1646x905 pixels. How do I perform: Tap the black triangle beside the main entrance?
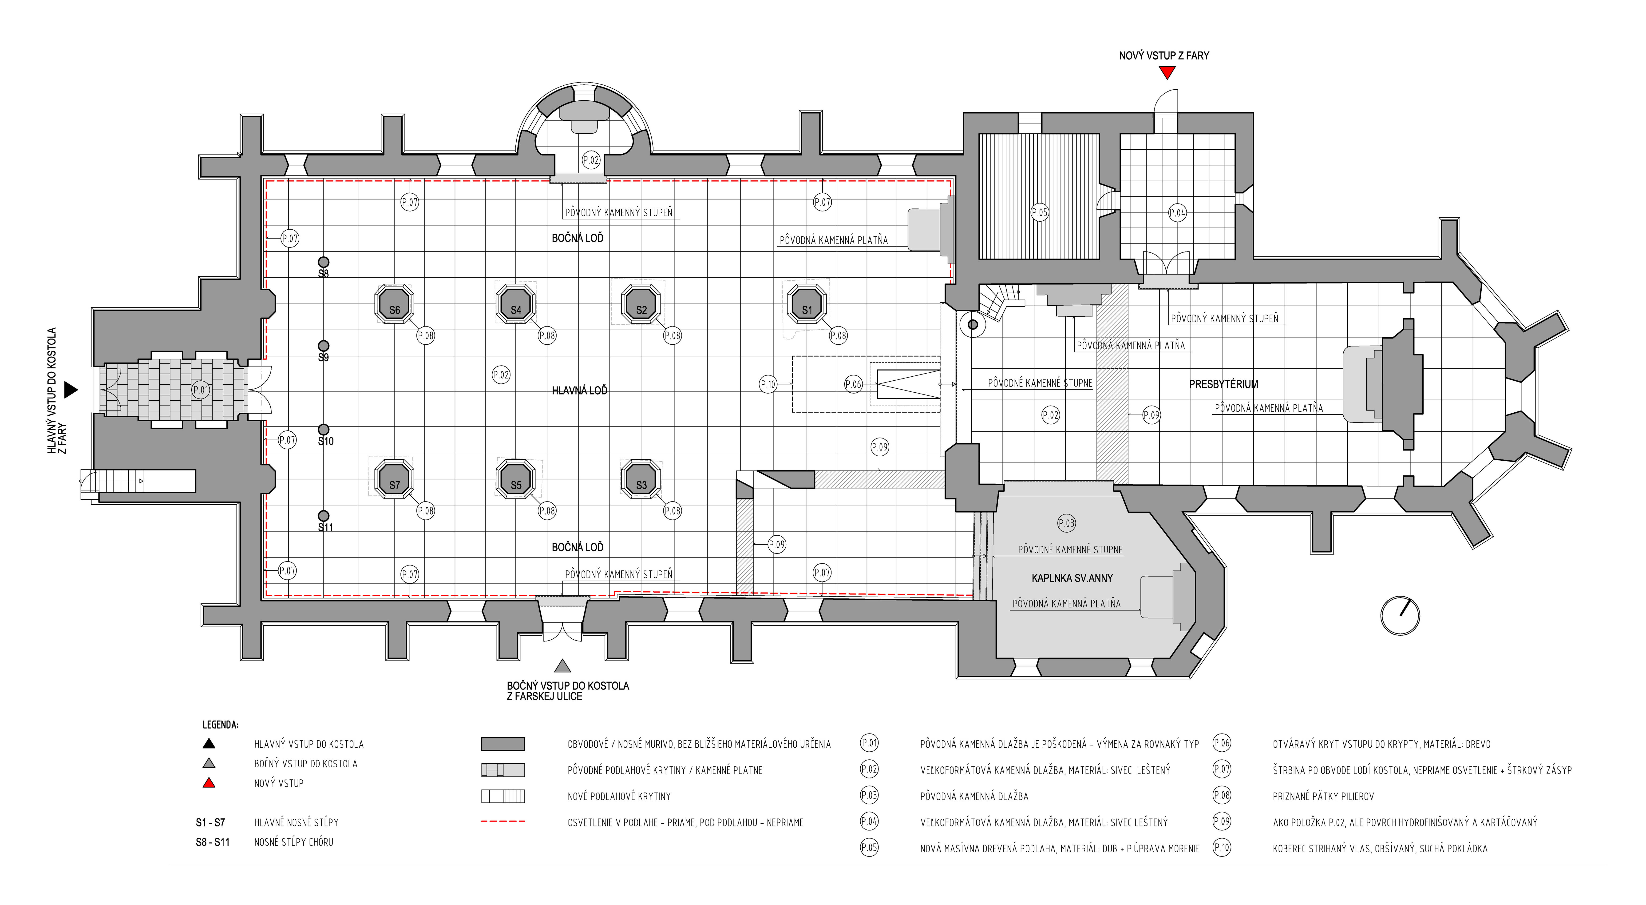[x=71, y=390]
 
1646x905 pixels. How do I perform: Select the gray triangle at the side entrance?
[x=562, y=666]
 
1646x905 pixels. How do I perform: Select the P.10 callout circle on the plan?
[x=768, y=384]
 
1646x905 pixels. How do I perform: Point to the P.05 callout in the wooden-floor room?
[x=1040, y=212]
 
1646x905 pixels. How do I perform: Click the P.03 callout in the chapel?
[x=1066, y=523]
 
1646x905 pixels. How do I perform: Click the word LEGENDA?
[x=221, y=725]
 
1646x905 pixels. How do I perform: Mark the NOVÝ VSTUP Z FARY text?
[x=1164, y=56]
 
